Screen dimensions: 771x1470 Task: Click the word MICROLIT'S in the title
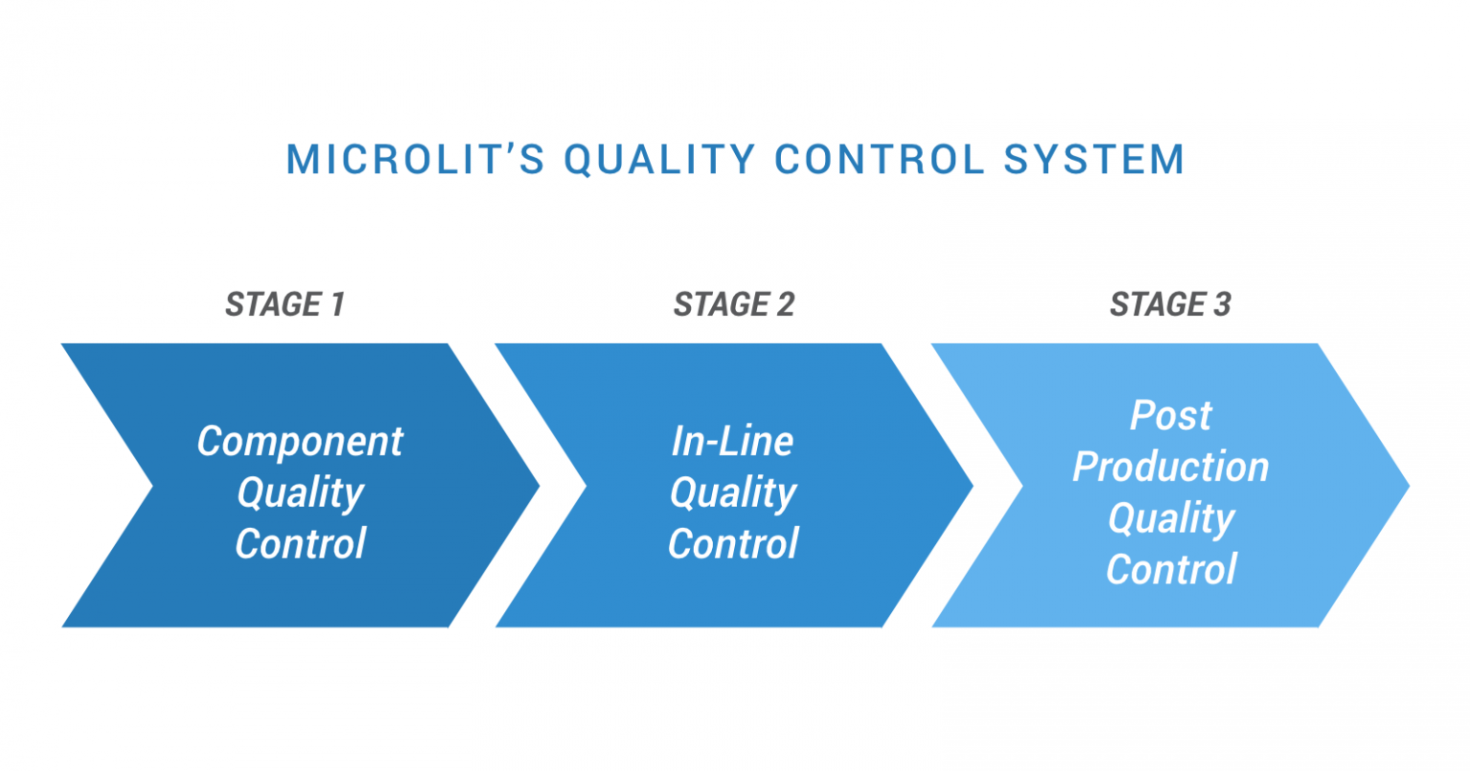(x=415, y=159)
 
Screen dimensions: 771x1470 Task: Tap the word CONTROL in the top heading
(x=880, y=159)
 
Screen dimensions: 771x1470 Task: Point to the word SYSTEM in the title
(x=1094, y=159)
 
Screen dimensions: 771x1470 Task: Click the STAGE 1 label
(x=284, y=304)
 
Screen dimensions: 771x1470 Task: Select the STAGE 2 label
(x=734, y=304)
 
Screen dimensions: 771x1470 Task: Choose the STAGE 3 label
(x=1170, y=304)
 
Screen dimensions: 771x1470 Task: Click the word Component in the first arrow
(x=300, y=441)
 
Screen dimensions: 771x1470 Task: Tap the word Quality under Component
(x=300, y=494)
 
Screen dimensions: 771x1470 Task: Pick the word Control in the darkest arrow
(x=300, y=544)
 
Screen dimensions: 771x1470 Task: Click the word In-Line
(x=732, y=441)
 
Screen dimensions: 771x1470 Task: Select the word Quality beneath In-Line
(x=732, y=494)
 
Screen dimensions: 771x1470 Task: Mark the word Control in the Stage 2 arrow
(x=732, y=544)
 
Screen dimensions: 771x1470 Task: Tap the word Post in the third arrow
(x=1170, y=415)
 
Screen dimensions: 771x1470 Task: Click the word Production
(x=1170, y=467)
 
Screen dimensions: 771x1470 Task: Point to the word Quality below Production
(x=1170, y=518)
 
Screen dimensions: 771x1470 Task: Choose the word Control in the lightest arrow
(x=1170, y=570)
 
